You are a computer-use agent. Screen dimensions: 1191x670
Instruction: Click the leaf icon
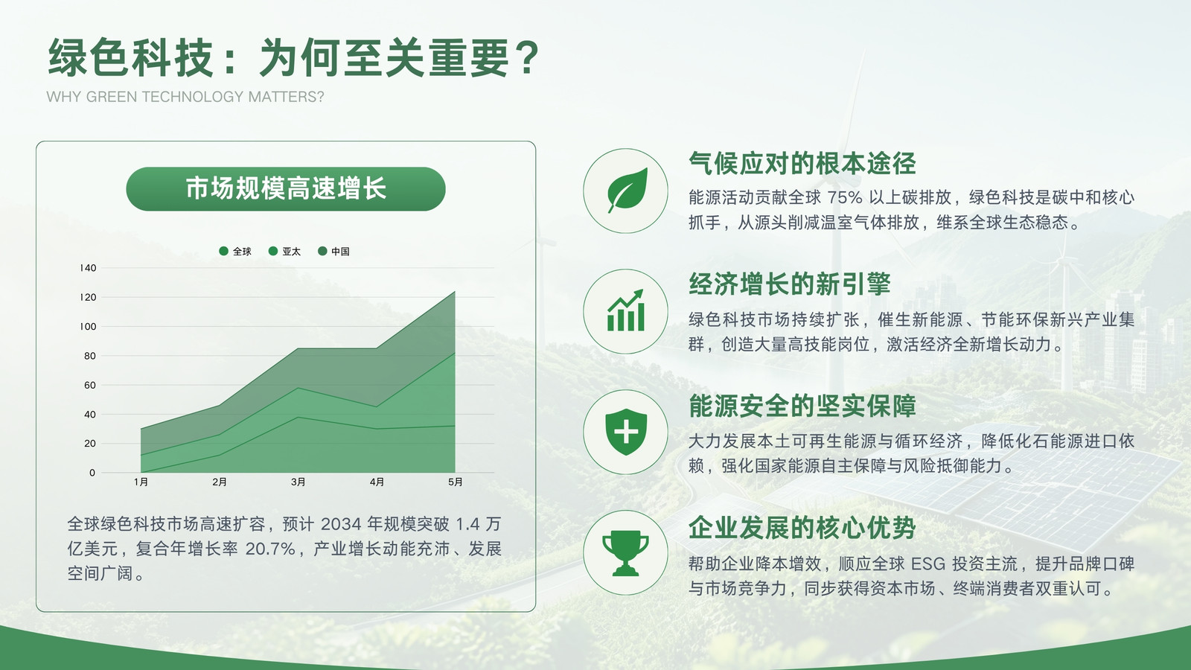pos(628,191)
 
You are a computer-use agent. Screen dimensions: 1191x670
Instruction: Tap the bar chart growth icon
pos(626,310)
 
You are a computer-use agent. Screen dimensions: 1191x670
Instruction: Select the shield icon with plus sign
pos(626,432)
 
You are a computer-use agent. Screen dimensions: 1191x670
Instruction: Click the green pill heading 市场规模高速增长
pos(286,189)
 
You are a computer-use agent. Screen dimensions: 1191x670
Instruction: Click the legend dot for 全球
pos(224,251)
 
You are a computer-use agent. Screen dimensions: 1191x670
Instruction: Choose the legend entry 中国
pos(333,251)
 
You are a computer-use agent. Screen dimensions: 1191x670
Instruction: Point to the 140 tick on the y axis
pos(89,268)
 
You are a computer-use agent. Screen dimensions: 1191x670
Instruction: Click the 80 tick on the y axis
pos(90,356)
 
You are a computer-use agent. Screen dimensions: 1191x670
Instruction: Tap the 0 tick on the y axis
pos(92,473)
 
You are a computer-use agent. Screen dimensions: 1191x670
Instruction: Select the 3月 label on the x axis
pos(298,482)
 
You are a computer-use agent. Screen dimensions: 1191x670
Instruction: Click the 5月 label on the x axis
pos(455,482)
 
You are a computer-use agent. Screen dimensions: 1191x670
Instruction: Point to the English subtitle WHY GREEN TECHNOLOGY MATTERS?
pos(185,97)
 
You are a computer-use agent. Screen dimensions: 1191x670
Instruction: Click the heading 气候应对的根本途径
pos(802,163)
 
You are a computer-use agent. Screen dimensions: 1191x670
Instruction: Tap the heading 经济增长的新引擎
pos(790,284)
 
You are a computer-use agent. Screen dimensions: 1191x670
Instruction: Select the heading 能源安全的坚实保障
pos(802,406)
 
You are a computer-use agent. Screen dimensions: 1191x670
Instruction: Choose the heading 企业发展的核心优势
pos(802,528)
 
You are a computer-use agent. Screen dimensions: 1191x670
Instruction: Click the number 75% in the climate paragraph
pos(844,198)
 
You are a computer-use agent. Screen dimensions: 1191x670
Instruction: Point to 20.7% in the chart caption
pos(270,549)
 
